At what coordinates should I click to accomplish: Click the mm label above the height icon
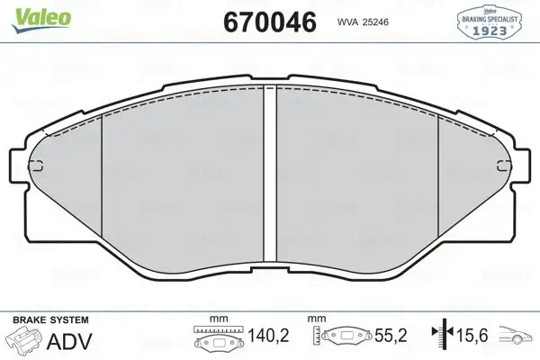click(317, 319)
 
